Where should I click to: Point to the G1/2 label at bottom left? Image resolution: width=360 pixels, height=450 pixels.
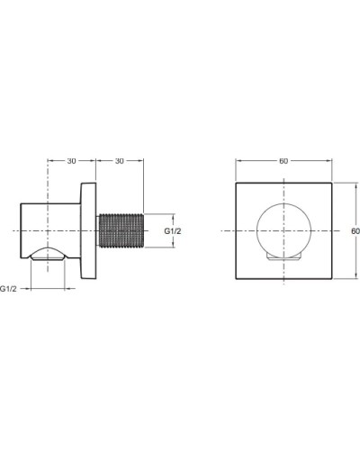[10, 288]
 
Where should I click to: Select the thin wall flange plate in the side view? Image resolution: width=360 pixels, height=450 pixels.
[89, 231]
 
